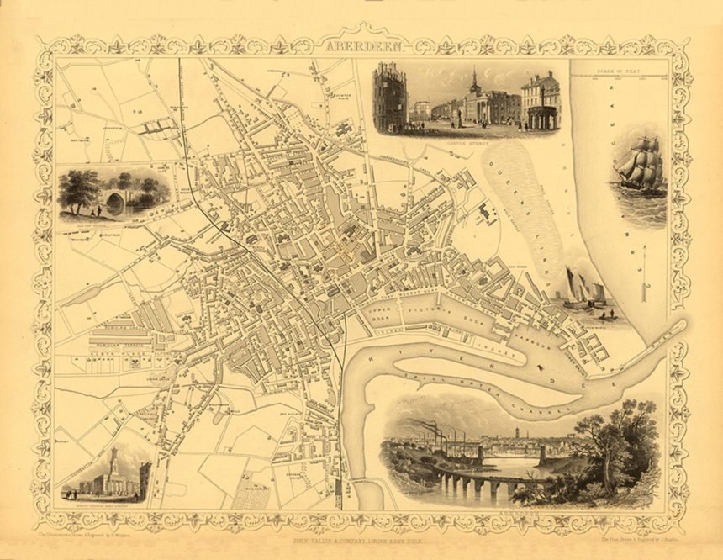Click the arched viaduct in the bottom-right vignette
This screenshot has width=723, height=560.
[x=475, y=485]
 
